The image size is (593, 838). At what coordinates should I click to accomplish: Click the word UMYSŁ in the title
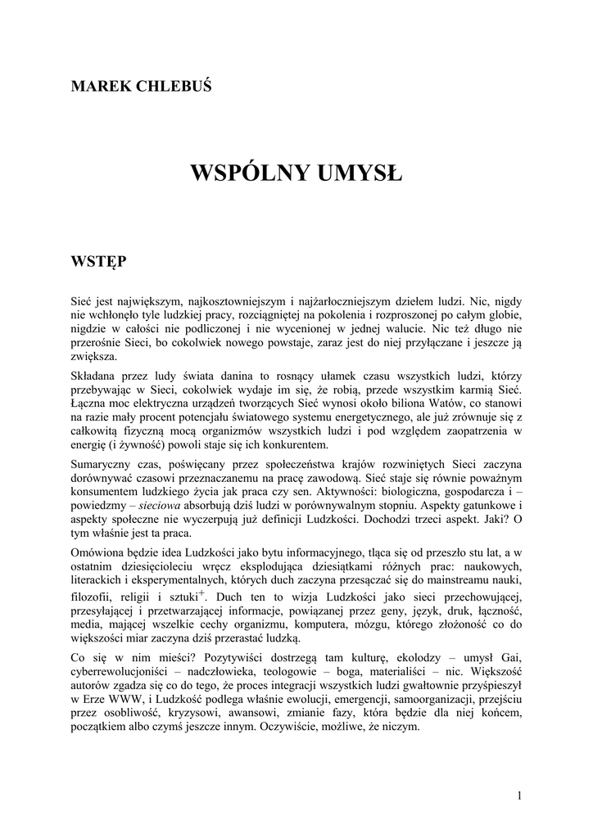tap(360, 173)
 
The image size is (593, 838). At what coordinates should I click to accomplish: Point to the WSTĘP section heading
tap(98, 261)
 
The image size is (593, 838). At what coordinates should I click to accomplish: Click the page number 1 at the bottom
tap(519, 795)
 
